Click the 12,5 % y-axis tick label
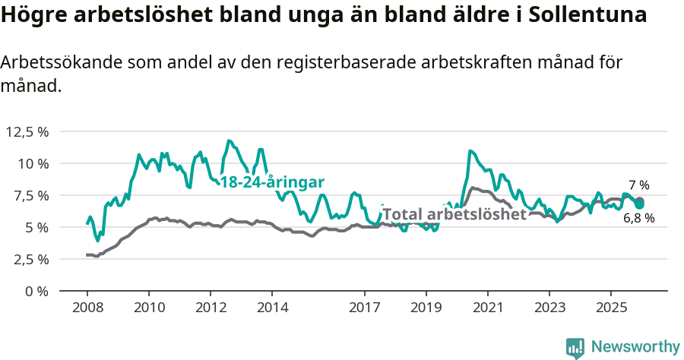27,131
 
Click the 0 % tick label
39,291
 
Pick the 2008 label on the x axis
87,308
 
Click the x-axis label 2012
211,308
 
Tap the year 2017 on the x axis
365,308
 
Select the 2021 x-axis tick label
488,308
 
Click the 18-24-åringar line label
272,182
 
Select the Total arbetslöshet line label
454,214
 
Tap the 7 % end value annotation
639,185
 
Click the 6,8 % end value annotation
639,219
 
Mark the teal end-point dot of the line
639,204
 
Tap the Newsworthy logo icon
575,347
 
